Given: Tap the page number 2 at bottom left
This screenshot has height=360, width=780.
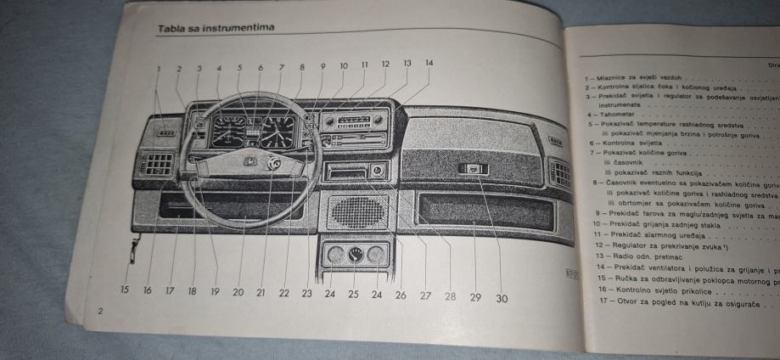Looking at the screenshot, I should [100, 312].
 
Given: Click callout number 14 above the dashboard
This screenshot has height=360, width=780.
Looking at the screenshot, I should [429, 63].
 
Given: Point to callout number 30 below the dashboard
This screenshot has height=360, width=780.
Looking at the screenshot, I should [502, 298].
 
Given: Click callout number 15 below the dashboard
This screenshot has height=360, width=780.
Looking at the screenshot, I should [124, 290].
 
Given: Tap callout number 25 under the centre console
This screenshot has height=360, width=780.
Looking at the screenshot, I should [354, 295].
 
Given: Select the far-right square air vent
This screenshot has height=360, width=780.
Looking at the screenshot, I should [560, 174].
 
